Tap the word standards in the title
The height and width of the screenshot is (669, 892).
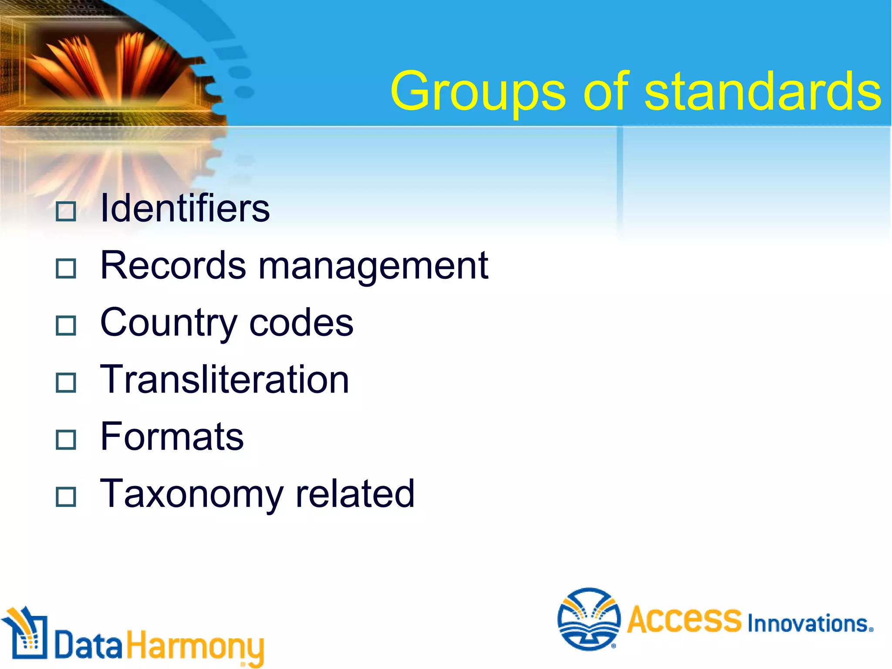pyautogui.click(x=762, y=91)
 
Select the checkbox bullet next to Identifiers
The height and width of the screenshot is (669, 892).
pyautogui.click(x=66, y=211)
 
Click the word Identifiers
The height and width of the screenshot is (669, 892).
pyautogui.click(x=185, y=209)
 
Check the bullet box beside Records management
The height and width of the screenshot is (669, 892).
pyautogui.click(x=66, y=268)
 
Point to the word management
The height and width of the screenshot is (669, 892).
pyautogui.click(x=373, y=267)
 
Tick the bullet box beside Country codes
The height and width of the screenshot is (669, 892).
pyautogui.click(x=66, y=325)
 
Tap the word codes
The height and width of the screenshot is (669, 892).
pyautogui.click(x=301, y=323)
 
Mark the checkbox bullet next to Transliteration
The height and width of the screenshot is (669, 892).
pyautogui.click(x=66, y=382)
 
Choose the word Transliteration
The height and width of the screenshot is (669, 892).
pyautogui.click(x=224, y=379)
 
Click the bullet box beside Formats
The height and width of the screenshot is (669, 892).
pyautogui.click(x=66, y=439)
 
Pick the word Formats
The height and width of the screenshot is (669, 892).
pyautogui.click(x=172, y=436)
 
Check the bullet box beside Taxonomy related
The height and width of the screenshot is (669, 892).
pyautogui.click(x=66, y=497)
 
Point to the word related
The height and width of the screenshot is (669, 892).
pyautogui.click(x=355, y=493)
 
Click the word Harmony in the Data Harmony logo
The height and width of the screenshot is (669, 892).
pyautogui.click(x=195, y=646)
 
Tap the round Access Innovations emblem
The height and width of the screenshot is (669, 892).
pyautogui.click(x=589, y=619)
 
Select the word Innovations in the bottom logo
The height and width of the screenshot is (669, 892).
pyautogui.click(x=810, y=624)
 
